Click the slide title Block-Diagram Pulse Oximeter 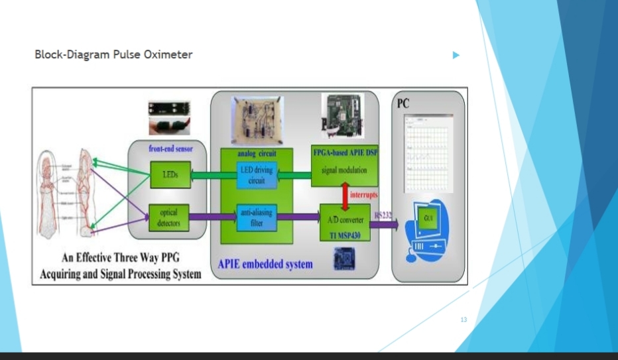click(113, 54)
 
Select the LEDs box click(170, 174)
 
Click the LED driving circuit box click(257, 175)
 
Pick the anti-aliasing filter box click(257, 216)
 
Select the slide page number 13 click(463, 320)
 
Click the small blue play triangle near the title click(456, 55)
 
